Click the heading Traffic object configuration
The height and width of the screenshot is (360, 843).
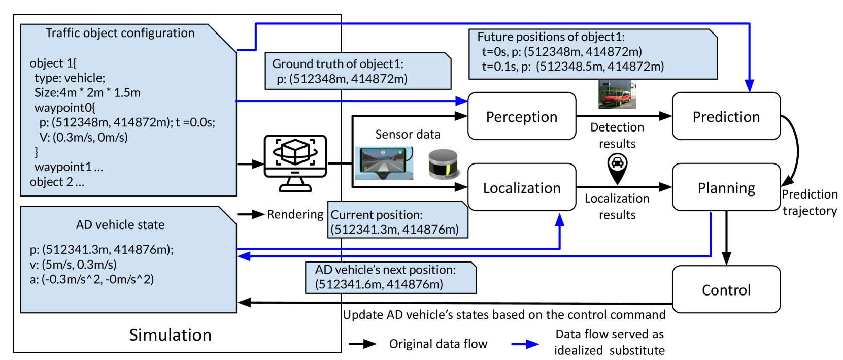click(120, 33)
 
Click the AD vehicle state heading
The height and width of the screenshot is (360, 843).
click(120, 225)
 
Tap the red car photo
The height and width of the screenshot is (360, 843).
click(617, 94)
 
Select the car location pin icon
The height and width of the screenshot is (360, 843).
click(617, 168)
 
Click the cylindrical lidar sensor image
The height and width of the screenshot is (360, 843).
click(444, 163)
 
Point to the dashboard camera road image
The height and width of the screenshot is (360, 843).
click(384, 163)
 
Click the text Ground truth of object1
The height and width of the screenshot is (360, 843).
click(338, 64)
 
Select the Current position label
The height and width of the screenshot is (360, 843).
click(377, 215)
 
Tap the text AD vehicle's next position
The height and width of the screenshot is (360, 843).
click(385, 270)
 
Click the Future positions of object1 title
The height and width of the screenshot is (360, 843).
click(551, 37)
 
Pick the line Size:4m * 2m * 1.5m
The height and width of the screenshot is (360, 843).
click(87, 93)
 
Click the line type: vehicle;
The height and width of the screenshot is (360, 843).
click(70, 78)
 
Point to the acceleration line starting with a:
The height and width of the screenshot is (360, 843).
click(92, 279)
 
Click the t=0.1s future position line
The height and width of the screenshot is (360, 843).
click(572, 67)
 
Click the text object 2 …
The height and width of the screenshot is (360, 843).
click(57, 182)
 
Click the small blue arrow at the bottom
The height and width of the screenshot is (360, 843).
click(525, 344)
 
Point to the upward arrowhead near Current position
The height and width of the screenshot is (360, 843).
click(560, 219)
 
